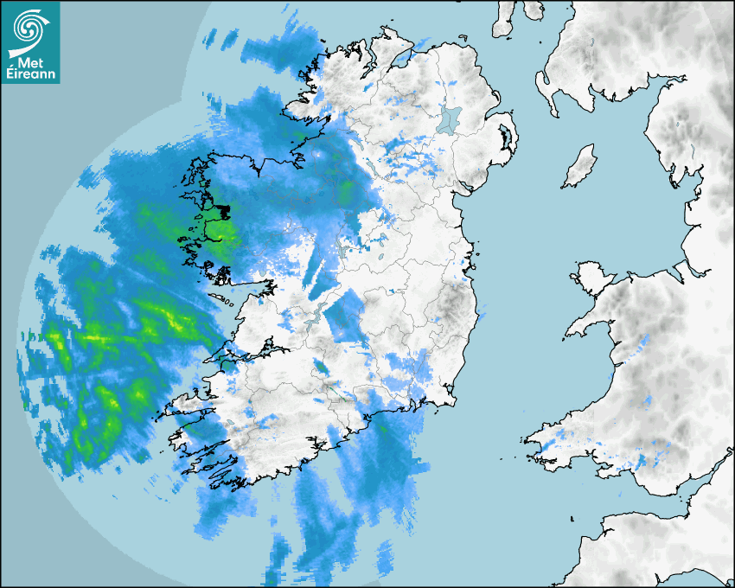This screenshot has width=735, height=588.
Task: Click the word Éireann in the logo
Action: (x=31, y=73)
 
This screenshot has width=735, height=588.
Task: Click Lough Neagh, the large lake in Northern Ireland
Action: (x=451, y=119)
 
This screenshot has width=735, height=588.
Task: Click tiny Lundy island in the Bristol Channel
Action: (x=572, y=518)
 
